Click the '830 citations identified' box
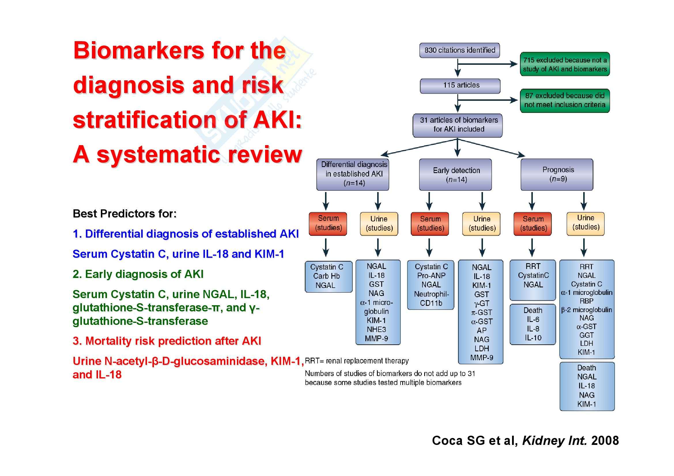[459, 50]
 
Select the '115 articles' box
[460, 86]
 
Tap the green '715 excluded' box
[565, 64]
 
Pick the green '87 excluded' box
[565, 100]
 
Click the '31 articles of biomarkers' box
[457, 125]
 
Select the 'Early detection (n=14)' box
[455, 175]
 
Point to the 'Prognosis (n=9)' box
[557, 175]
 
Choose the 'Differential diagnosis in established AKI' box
[352, 174]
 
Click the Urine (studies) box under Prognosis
[585, 223]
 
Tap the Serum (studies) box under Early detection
[430, 224]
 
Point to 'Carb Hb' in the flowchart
[326, 276]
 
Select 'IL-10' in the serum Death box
[533, 338]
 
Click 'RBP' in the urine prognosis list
[586, 301]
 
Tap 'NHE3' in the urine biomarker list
[376, 330]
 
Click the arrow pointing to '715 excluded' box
[487, 64]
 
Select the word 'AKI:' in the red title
[277, 120]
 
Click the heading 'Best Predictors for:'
[124, 213]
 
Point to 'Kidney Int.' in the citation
[554, 441]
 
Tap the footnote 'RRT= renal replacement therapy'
[357, 361]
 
